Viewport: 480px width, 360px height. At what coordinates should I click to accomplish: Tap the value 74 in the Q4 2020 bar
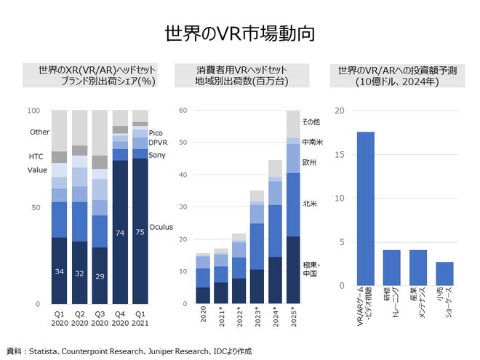click(120, 233)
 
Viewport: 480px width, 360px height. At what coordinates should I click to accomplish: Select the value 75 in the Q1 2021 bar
click(140, 233)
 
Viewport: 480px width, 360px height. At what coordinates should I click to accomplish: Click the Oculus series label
click(161, 227)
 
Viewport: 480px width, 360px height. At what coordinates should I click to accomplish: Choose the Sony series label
click(157, 155)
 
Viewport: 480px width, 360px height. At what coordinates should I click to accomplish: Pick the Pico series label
click(156, 133)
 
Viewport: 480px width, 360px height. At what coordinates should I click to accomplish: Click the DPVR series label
click(159, 143)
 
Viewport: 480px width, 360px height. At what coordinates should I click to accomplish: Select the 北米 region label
click(311, 204)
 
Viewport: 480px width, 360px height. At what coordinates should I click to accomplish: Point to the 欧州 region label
click(311, 163)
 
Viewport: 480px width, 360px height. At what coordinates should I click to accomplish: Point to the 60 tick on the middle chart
click(183, 111)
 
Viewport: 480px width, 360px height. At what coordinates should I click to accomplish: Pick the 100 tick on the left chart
click(33, 111)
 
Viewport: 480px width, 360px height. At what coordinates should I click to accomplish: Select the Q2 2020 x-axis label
click(79, 320)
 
